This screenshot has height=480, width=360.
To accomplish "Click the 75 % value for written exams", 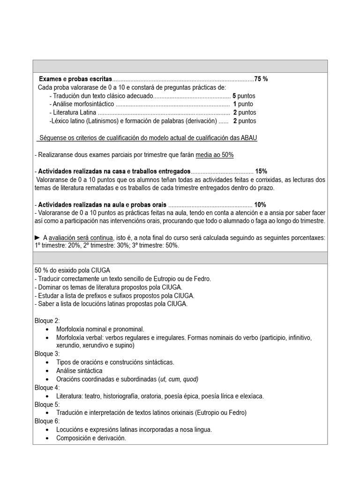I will click(261, 79).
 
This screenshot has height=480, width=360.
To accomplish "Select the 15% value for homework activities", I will click(261, 171).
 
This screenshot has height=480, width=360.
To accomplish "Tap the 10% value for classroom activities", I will click(260, 205).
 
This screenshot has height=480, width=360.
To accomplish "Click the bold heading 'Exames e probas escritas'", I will click(75, 79).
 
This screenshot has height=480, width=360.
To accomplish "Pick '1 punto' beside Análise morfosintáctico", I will click(243, 104).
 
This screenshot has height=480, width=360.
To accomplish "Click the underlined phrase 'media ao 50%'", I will click(215, 155).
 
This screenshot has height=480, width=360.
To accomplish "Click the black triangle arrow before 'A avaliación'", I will click(37, 238).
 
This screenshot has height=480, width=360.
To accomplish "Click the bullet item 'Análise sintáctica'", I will click(79, 371).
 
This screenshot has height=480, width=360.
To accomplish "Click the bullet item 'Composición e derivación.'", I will click(91, 438).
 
